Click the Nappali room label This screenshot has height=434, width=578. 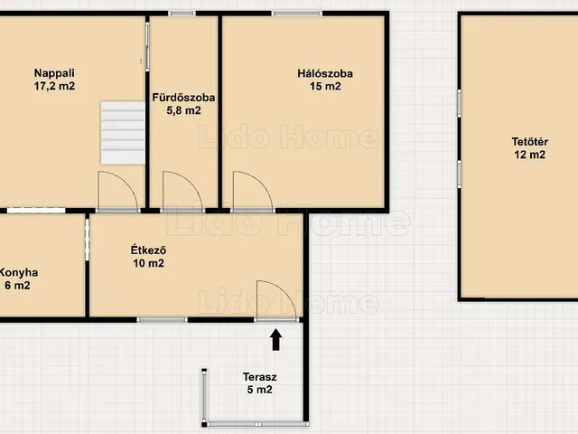[54, 73]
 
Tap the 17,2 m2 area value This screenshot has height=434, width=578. [54, 87]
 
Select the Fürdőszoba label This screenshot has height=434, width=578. [183, 98]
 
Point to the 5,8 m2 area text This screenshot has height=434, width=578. [183, 110]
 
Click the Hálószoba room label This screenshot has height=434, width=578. [325, 73]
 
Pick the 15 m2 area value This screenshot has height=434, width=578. [325, 87]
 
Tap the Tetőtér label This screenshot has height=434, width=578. [530, 142]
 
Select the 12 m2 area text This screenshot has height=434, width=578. [530, 155]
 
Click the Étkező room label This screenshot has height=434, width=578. [148, 250]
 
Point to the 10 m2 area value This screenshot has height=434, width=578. [148, 263]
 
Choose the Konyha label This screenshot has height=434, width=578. [18, 273]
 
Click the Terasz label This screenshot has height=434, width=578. [259, 377]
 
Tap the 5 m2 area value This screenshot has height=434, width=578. [259, 390]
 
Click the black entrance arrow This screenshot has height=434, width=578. [276, 340]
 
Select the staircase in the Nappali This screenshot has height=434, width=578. [123, 133]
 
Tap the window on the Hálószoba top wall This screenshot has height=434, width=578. [297, 14]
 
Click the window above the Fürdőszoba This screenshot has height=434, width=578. [182, 14]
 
